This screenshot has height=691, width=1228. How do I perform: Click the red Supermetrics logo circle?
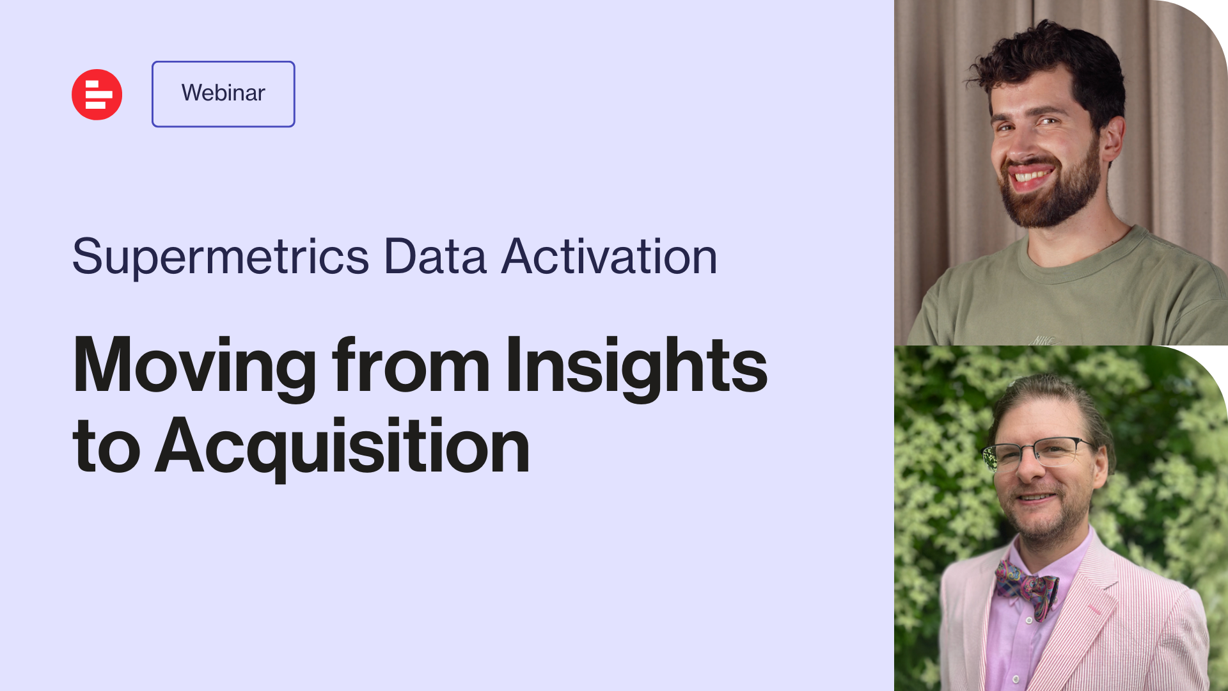pyautogui.click(x=97, y=95)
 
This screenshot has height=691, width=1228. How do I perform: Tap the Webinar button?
pyautogui.click(x=223, y=94)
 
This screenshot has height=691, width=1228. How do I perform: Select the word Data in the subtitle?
pyautogui.click(x=435, y=257)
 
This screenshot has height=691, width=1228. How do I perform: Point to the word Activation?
pyautogui.click(x=609, y=257)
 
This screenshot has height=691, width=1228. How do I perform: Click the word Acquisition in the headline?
pyautogui.click(x=342, y=446)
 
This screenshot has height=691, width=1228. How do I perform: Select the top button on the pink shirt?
pyautogui.click(x=1028, y=620)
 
